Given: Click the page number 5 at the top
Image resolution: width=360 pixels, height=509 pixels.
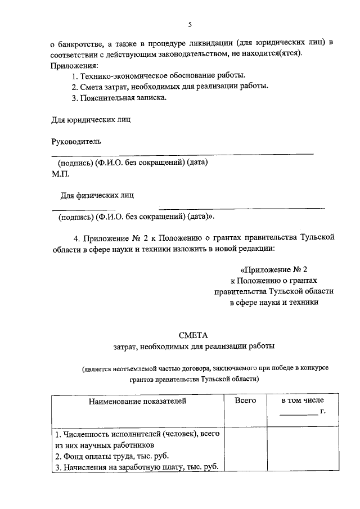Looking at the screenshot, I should click(x=190, y=25).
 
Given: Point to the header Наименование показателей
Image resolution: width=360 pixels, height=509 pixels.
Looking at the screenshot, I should click(x=137, y=401).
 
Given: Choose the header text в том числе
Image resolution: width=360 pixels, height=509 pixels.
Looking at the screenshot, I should click(x=303, y=400).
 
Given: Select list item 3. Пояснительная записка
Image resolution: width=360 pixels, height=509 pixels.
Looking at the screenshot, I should click(x=119, y=97).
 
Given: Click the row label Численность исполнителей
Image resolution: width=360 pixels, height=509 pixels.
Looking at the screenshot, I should click(x=137, y=434).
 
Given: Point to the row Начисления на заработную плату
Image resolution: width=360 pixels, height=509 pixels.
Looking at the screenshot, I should click(x=136, y=467).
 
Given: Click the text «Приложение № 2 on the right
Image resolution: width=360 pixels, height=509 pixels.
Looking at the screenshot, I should click(x=274, y=269).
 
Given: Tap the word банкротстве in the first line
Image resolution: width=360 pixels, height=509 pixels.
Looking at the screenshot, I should click(x=80, y=43).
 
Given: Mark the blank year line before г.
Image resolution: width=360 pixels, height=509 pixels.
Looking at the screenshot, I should click(x=299, y=415).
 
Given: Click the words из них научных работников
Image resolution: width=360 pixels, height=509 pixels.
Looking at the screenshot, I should click(x=104, y=445).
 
